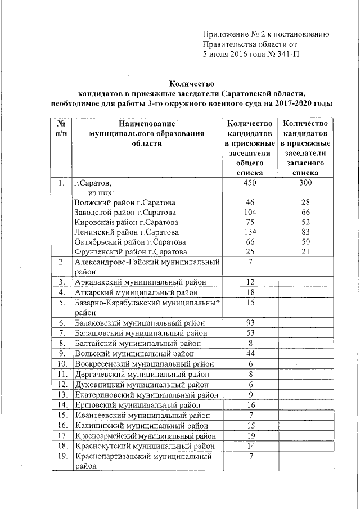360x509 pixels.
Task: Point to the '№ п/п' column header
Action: [59, 128]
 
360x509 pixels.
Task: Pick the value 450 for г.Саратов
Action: [251, 183]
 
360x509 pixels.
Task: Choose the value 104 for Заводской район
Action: [251, 212]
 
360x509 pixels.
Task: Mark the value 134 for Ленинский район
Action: [251, 232]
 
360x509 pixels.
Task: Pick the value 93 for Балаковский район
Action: [251, 323]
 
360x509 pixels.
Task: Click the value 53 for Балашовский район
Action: [251, 333]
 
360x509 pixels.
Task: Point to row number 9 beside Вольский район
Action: [61, 353]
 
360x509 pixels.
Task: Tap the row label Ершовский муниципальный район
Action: [137, 404]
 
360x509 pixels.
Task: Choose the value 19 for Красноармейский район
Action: [251, 435]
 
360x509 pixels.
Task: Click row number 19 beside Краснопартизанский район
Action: [61, 456]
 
